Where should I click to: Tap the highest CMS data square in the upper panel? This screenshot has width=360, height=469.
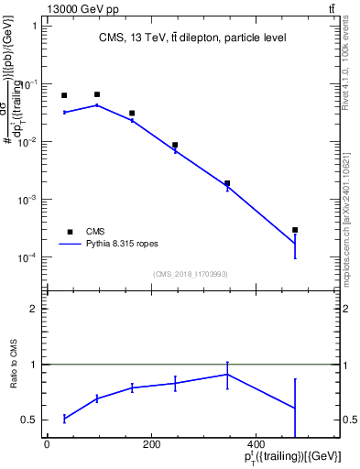pos(97,94)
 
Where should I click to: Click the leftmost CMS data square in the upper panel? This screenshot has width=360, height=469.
pos(64,95)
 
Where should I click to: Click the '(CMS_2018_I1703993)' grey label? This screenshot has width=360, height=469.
pos(191,274)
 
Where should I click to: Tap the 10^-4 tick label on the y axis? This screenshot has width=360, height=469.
pos(30,257)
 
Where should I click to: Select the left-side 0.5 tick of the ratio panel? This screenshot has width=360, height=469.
pos(29,420)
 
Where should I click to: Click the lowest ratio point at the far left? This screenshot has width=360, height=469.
pos(64,419)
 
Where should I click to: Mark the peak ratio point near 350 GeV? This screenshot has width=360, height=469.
pos(227,374)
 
